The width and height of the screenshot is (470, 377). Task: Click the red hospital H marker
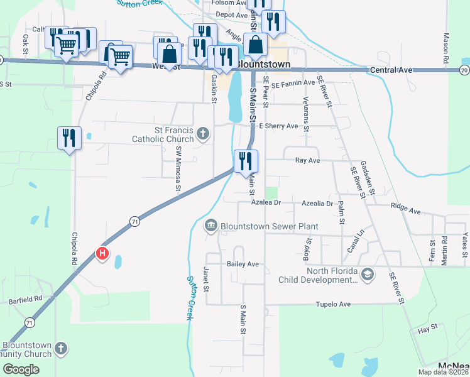[102, 254]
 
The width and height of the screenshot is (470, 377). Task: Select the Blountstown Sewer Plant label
[269, 226]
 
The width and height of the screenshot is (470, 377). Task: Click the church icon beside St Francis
[202, 133]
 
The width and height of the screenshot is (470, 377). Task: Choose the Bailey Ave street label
[243, 265]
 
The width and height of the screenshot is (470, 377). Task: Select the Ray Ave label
[308, 161]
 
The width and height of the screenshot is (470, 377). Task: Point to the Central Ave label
[391, 70]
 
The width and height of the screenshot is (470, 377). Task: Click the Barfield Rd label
[26, 299]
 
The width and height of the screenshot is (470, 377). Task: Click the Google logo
[21, 369]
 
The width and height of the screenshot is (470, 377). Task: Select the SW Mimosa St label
[178, 168]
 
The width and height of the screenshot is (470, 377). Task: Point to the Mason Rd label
[446, 47]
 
